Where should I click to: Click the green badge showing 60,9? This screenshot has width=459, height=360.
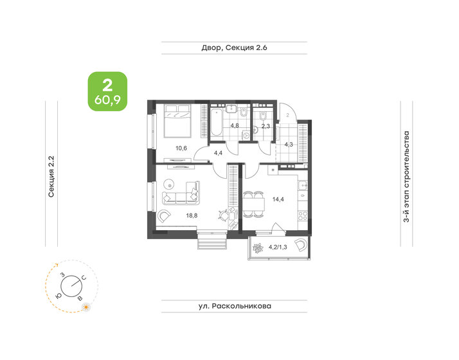107,91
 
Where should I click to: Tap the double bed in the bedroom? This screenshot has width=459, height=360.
177,120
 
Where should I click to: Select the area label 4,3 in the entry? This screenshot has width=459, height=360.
289,144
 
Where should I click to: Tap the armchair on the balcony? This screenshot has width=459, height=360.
300,245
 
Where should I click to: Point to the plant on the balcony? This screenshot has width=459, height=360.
258,249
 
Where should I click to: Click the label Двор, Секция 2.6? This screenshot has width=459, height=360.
233,48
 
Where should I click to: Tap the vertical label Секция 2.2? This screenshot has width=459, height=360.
51,173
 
